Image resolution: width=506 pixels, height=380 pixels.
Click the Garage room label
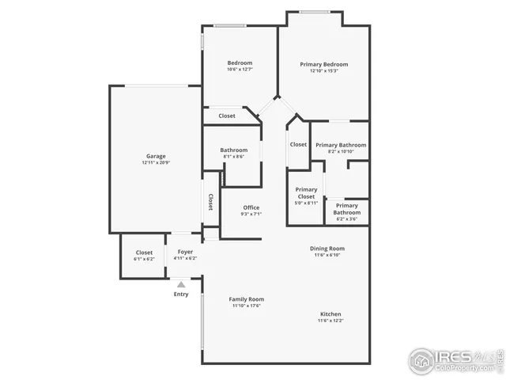(x=156, y=156)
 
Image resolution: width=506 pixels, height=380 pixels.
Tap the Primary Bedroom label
(x=324, y=64)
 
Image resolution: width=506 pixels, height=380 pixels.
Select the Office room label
(x=251, y=207)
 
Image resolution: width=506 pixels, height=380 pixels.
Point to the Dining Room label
(x=327, y=248)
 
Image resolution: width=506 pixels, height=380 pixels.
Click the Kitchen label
(x=330, y=313)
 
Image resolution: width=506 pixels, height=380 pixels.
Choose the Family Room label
(x=246, y=298)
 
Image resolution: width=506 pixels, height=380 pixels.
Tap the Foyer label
(x=185, y=252)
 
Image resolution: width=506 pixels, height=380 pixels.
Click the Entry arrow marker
(x=181, y=283)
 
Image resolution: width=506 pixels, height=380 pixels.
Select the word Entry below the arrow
(x=181, y=294)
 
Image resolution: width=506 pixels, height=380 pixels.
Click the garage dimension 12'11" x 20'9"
(x=156, y=163)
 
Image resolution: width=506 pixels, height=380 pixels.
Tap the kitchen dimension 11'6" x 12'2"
(x=330, y=321)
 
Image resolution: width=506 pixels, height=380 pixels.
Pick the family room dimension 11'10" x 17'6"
(x=246, y=306)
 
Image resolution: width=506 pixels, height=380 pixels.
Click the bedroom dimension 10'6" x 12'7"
(x=240, y=70)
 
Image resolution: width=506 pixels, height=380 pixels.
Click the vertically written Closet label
(x=211, y=202)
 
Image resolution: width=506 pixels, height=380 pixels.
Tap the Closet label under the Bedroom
(x=227, y=116)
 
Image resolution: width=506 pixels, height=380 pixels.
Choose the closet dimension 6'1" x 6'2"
(x=144, y=260)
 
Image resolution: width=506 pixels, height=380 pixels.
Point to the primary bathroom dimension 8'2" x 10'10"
(x=340, y=152)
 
